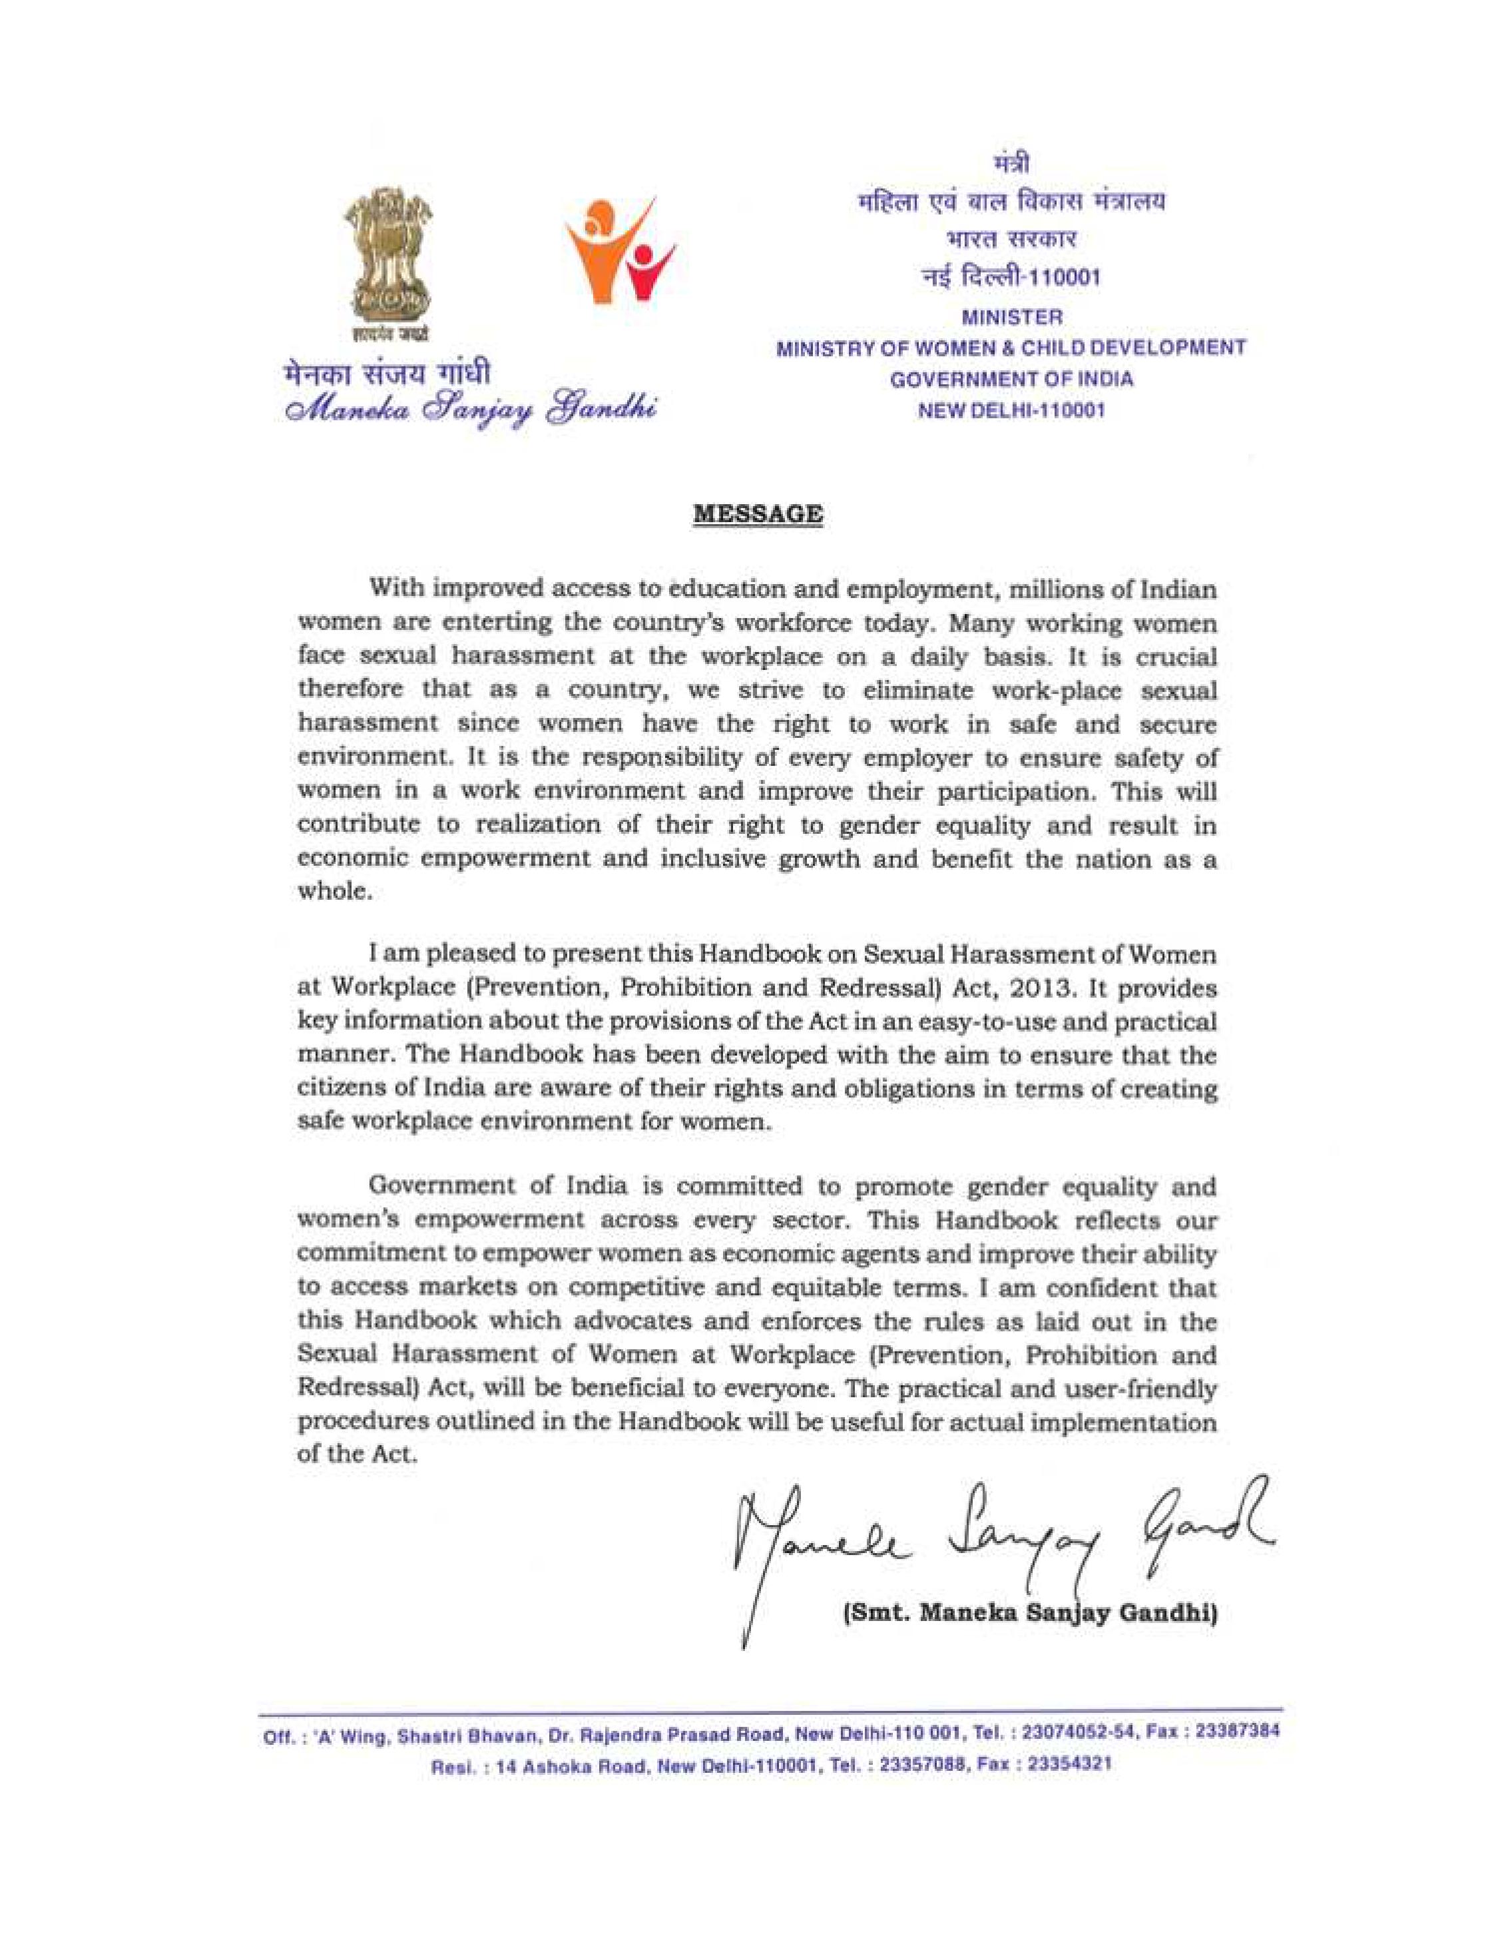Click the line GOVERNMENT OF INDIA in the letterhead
click(1012, 379)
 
